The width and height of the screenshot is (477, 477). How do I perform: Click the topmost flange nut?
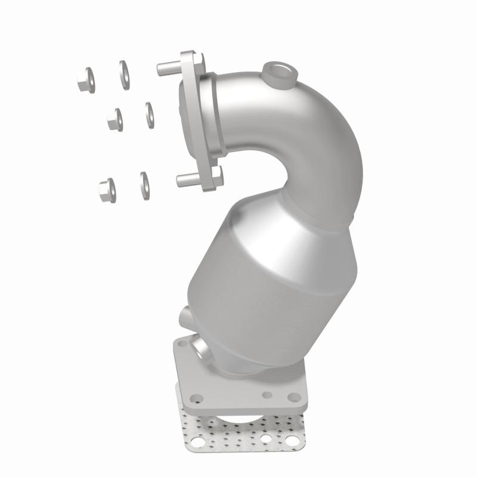click(x=85, y=79)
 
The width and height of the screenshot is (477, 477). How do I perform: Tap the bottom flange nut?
click(x=107, y=190)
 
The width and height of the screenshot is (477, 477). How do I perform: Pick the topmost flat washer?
click(x=125, y=75)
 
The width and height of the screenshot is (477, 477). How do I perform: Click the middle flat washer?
click(x=149, y=114)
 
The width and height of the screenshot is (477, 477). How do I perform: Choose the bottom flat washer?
click(x=144, y=185)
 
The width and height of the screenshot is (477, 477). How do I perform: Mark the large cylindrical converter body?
click(x=274, y=262)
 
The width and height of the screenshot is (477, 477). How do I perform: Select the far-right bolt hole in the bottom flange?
click(x=293, y=396)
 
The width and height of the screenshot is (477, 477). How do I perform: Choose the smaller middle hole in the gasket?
click(x=267, y=441)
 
